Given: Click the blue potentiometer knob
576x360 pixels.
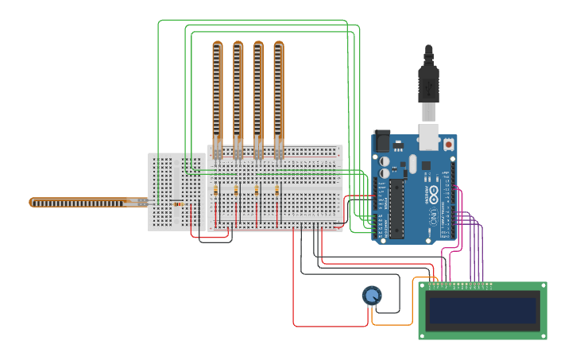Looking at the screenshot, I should (371, 296).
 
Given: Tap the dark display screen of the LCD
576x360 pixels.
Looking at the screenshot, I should (482, 310).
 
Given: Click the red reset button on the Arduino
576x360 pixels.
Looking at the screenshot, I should (449, 145).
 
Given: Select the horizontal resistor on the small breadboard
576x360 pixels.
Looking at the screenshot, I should (178, 204).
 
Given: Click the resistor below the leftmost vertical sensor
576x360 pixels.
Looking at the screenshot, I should (216, 191).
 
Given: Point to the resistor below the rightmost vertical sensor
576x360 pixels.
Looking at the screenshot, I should (276, 191).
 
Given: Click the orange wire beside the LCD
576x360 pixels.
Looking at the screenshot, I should (413, 302).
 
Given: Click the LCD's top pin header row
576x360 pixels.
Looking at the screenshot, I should (461, 285).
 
